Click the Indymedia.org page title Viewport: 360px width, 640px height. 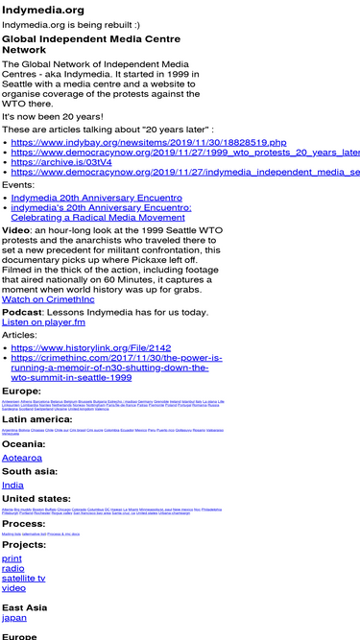pyautogui.click(x=43, y=10)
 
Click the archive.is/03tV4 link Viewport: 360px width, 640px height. pyautogui.click(x=61, y=162)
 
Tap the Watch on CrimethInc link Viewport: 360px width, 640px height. pyautogui.click(x=48, y=299)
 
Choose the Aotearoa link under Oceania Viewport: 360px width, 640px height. pyautogui.click(x=29, y=459)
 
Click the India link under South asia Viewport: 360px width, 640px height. pyautogui.click(x=13, y=486)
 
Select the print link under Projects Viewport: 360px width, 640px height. pyautogui.click(x=12, y=557)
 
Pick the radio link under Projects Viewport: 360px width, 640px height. pyautogui.click(x=13, y=568)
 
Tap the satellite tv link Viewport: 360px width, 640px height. pyautogui.click(x=24, y=578)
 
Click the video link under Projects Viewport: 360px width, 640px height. pyautogui.click(x=13, y=588)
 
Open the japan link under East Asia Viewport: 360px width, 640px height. pyautogui.click(x=15, y=618)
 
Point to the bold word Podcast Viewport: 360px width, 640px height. pyautogui.click(x=22, y=313)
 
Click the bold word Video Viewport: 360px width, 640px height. pyautogui.click(x=15, y=231)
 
